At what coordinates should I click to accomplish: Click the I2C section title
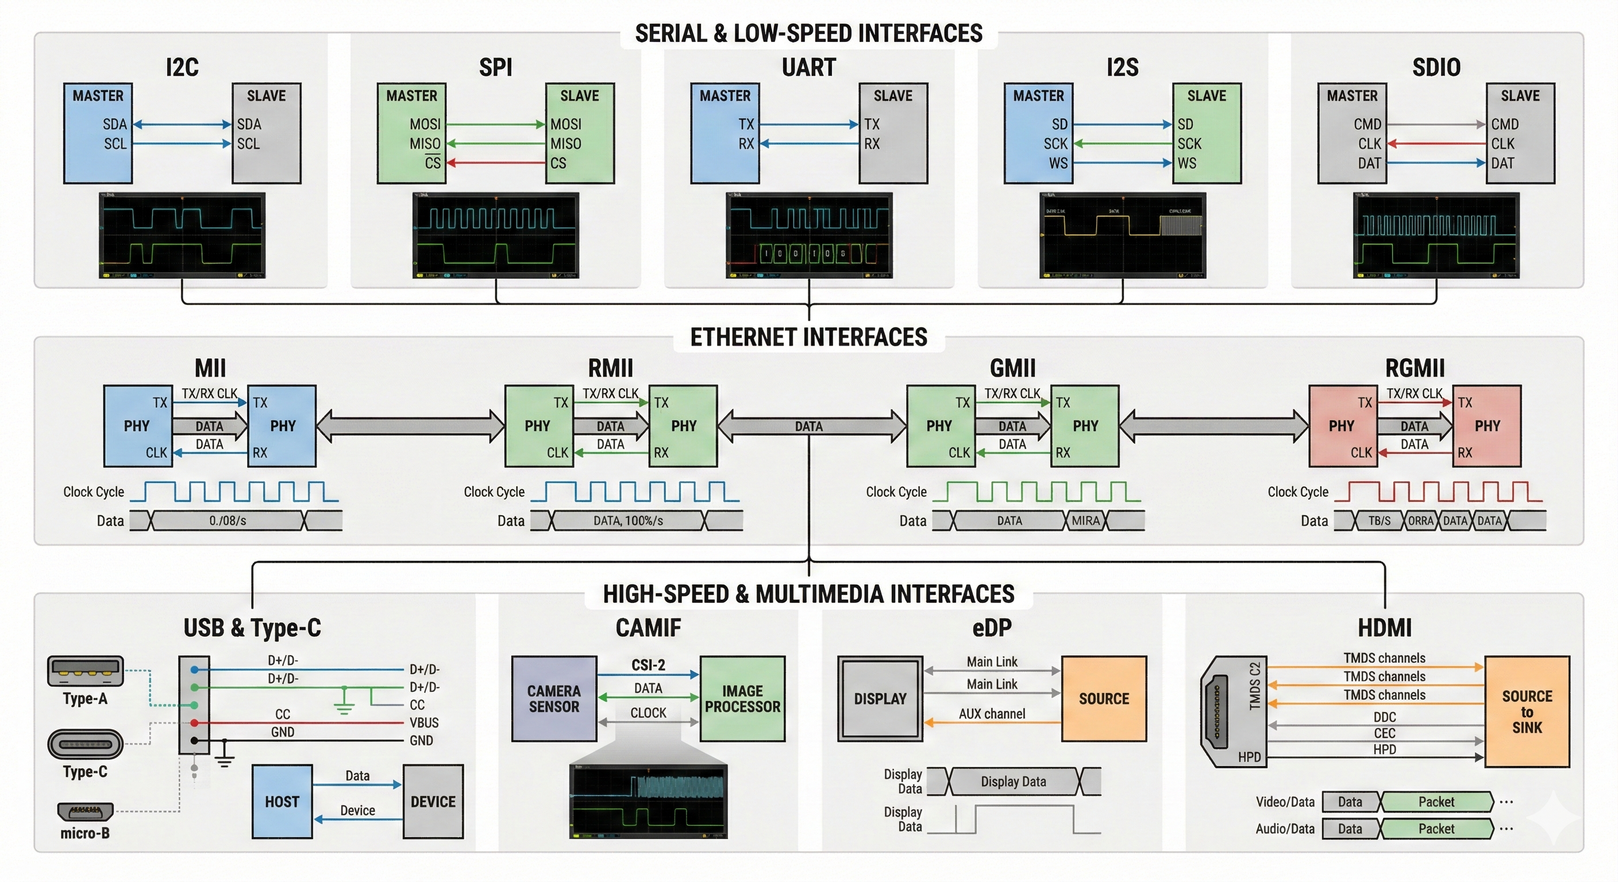[x=182, y=67]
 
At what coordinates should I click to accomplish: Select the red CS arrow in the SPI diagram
[x=496, y=163]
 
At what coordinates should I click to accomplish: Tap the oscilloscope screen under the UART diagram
[x=809, y=235]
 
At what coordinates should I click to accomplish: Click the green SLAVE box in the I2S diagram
[x=1207, y=133]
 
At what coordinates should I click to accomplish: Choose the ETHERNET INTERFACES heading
[x=808, y=337]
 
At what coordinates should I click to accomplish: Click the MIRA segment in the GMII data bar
[x=1085, y=520]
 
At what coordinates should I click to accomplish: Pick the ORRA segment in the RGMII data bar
[x=1420, y=520]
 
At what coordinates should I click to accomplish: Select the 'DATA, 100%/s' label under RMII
[x=628, y=520]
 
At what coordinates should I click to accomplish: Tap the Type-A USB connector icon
[x=86, y=671]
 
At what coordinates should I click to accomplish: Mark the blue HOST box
[x=282, y=802]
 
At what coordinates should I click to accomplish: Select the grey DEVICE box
[x=433, y=802]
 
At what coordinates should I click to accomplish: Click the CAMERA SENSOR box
[x=554, y=699]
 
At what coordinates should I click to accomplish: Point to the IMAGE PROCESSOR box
[x=742, y=699]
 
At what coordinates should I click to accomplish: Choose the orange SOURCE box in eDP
[x=1104, y=699]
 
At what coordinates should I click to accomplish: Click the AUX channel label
[x=992, y=714]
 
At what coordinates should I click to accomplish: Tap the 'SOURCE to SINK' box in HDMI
[x=1526, y=711]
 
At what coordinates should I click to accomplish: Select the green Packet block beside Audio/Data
[x=1436, y=829]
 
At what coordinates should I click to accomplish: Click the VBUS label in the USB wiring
[x=424, y=722]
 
